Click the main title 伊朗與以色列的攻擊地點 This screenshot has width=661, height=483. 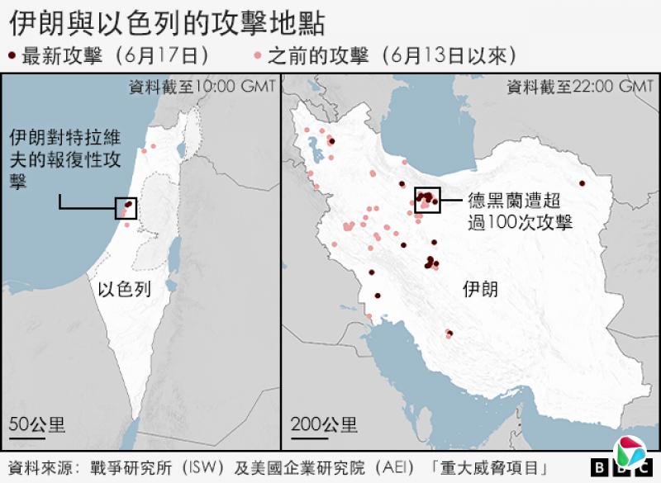coord(166,22)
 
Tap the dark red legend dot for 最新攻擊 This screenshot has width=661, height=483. coord(12,56)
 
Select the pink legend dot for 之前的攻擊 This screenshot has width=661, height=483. coord(258,56)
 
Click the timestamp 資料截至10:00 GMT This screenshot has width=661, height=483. coord(202,86)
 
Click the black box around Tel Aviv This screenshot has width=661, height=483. coord(126,209)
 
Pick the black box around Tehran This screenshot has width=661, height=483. coord(426,200)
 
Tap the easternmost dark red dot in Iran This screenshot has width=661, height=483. coord(582,183)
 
